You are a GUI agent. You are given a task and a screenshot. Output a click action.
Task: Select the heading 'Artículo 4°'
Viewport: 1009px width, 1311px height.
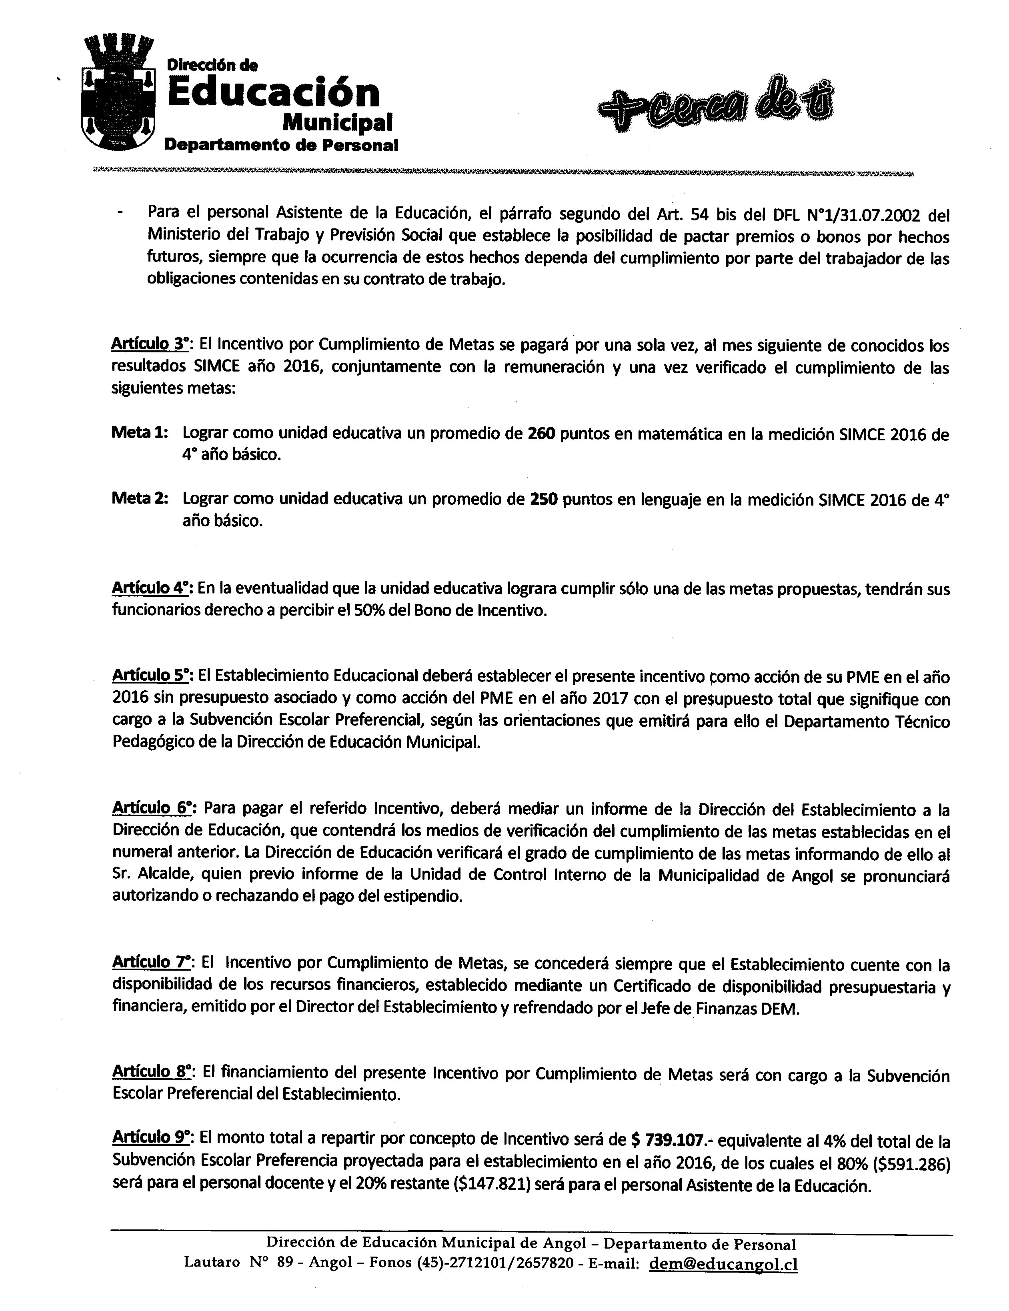pyautogui.click(x=151, y=588)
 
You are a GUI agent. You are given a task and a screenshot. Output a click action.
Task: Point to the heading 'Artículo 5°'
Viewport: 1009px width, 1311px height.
pyautogui.click(x=151, y=675)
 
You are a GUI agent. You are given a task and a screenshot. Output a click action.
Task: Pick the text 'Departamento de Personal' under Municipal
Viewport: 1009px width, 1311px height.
pyautogui.click(x=281, y=145)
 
